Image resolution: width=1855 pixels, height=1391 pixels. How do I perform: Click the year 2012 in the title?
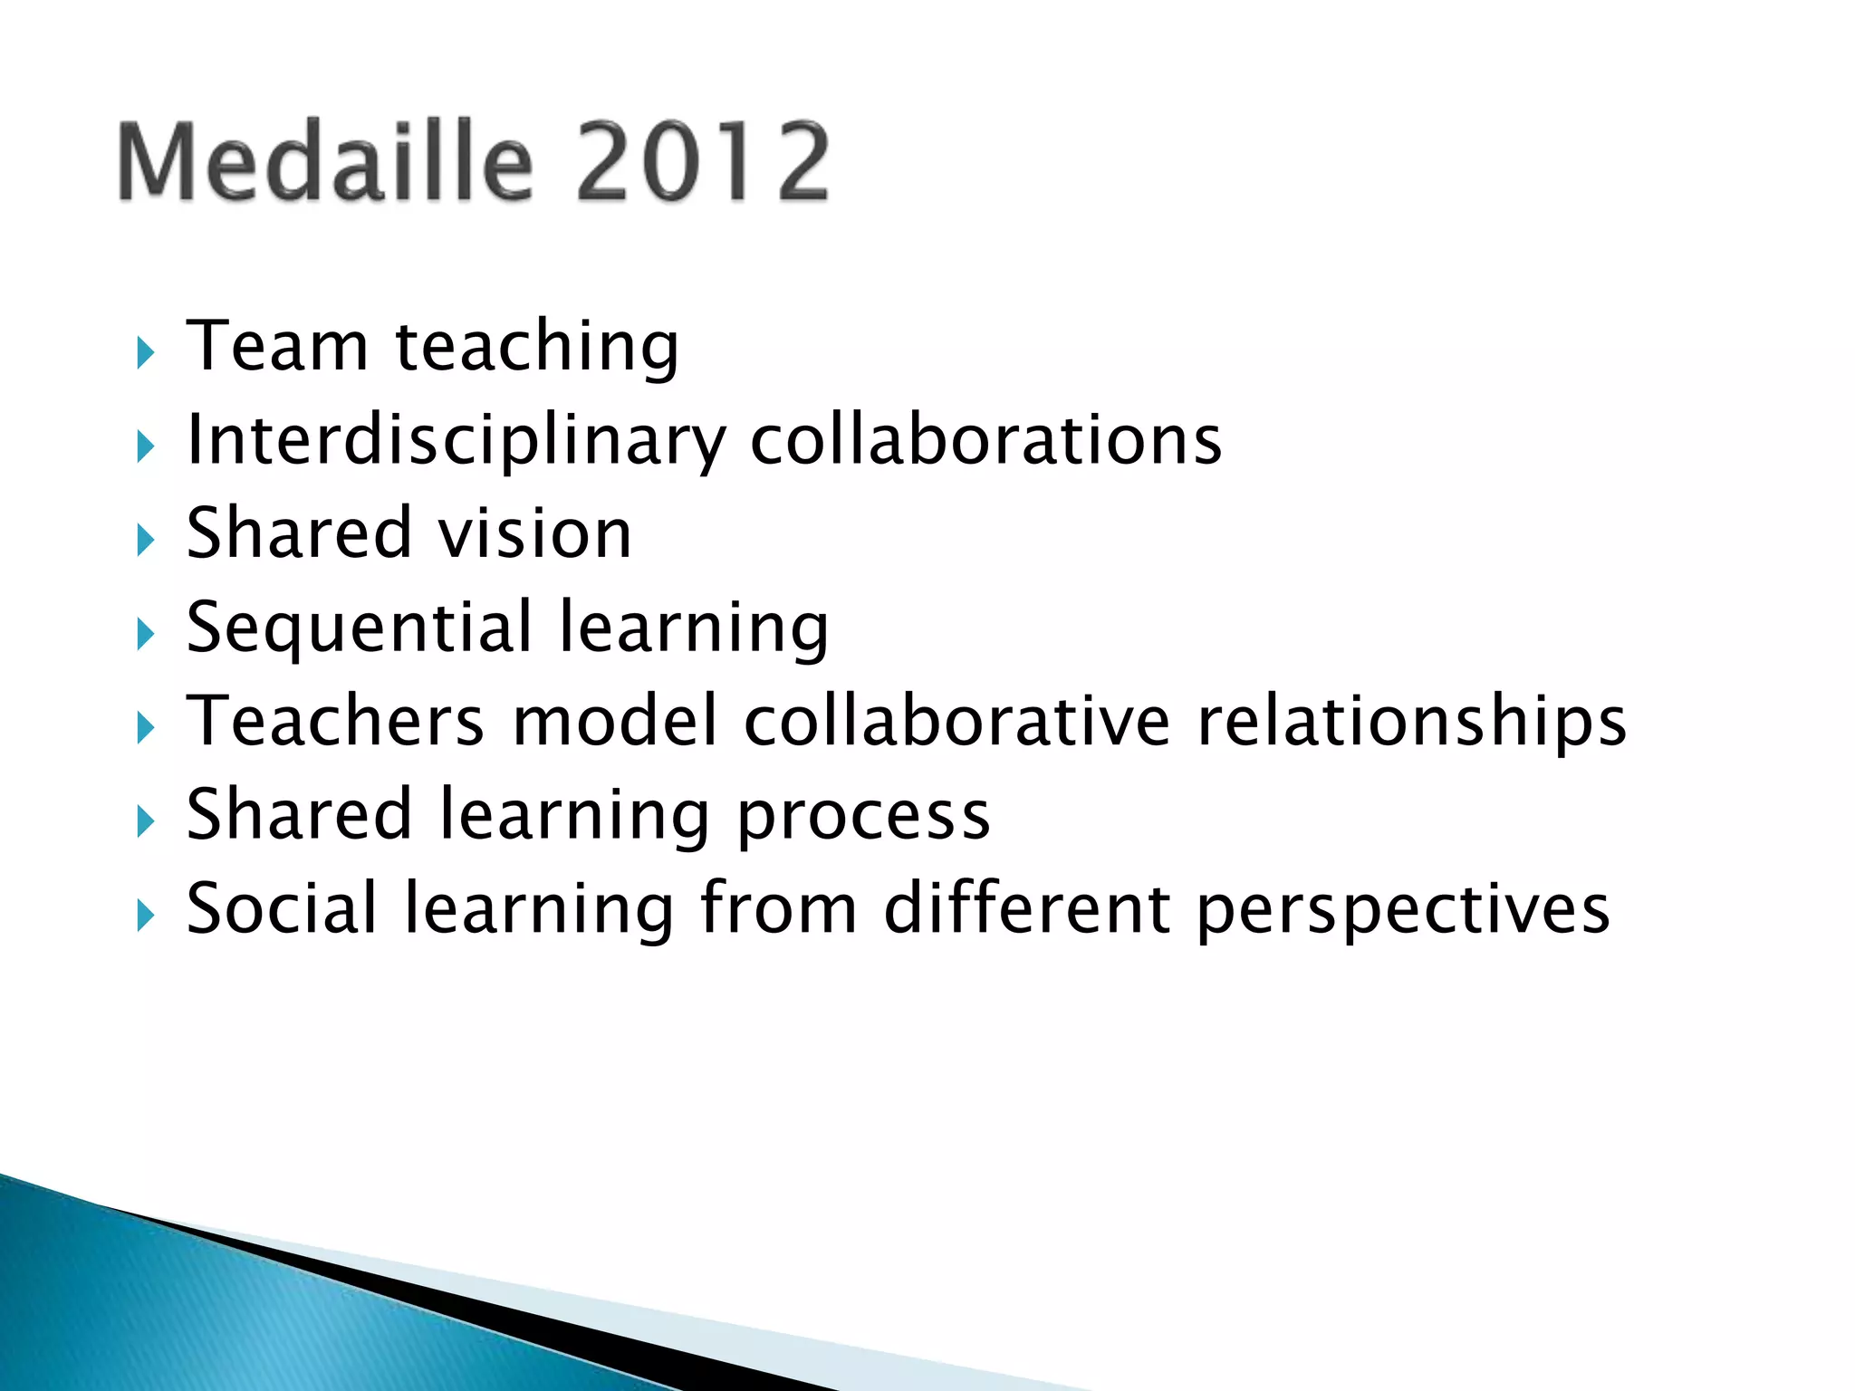coord(702,163)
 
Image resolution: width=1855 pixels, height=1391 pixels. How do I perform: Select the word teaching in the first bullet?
coord(536,349)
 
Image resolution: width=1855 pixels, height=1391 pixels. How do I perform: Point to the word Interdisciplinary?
coord(456,441)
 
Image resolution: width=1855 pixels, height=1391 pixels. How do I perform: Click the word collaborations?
coord(985,440)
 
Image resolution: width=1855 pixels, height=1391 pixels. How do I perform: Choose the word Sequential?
coord(360,628)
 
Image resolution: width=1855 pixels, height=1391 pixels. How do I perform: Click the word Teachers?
coord(335,721)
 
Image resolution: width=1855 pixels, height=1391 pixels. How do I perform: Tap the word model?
coord(615,721)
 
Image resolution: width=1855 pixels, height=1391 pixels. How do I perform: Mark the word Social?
coord(281,908)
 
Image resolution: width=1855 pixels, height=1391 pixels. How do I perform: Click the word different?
coord(1026,908)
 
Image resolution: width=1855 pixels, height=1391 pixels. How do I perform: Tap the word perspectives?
coord(1402,911)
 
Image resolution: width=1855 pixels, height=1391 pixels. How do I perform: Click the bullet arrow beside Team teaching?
coord(146,351)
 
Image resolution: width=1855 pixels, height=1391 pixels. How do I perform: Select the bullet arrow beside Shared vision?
coord(146,540)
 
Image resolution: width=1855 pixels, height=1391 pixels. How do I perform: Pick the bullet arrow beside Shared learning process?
coord(146,821)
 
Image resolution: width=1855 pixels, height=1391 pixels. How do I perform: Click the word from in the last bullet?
coord(778,908)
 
